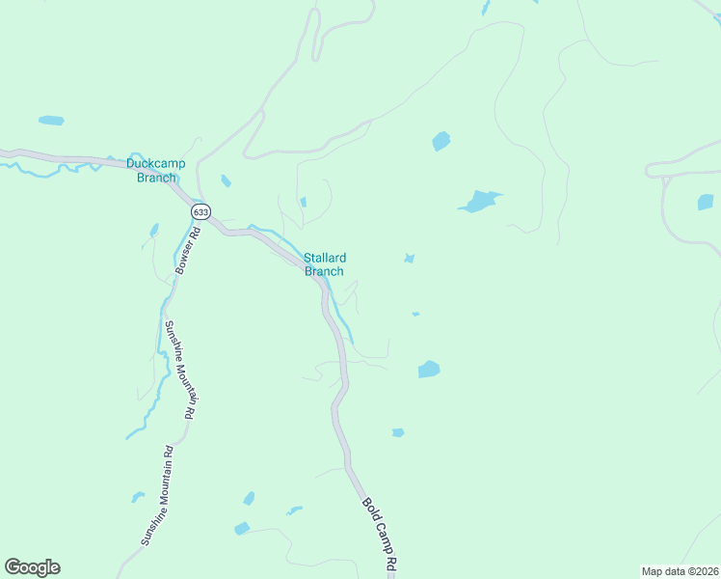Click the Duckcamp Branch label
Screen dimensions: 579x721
click(156, 170)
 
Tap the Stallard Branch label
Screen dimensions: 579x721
click(325, 264)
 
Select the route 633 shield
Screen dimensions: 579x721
click(200, 211)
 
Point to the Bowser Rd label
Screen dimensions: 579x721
click(187, 250)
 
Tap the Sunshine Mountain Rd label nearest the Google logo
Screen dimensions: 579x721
click(155, 496)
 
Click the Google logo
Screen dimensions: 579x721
click(33, 567)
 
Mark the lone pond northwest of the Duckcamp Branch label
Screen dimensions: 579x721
click(51, 121)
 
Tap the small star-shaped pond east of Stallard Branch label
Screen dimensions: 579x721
click(410, 259)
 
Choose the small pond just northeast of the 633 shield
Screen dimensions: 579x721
click(226, 180)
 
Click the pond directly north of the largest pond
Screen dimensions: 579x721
click(441, 141)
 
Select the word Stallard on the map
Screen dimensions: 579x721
click(325, 258)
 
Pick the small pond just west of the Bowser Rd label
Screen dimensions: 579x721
click(153, 231)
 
